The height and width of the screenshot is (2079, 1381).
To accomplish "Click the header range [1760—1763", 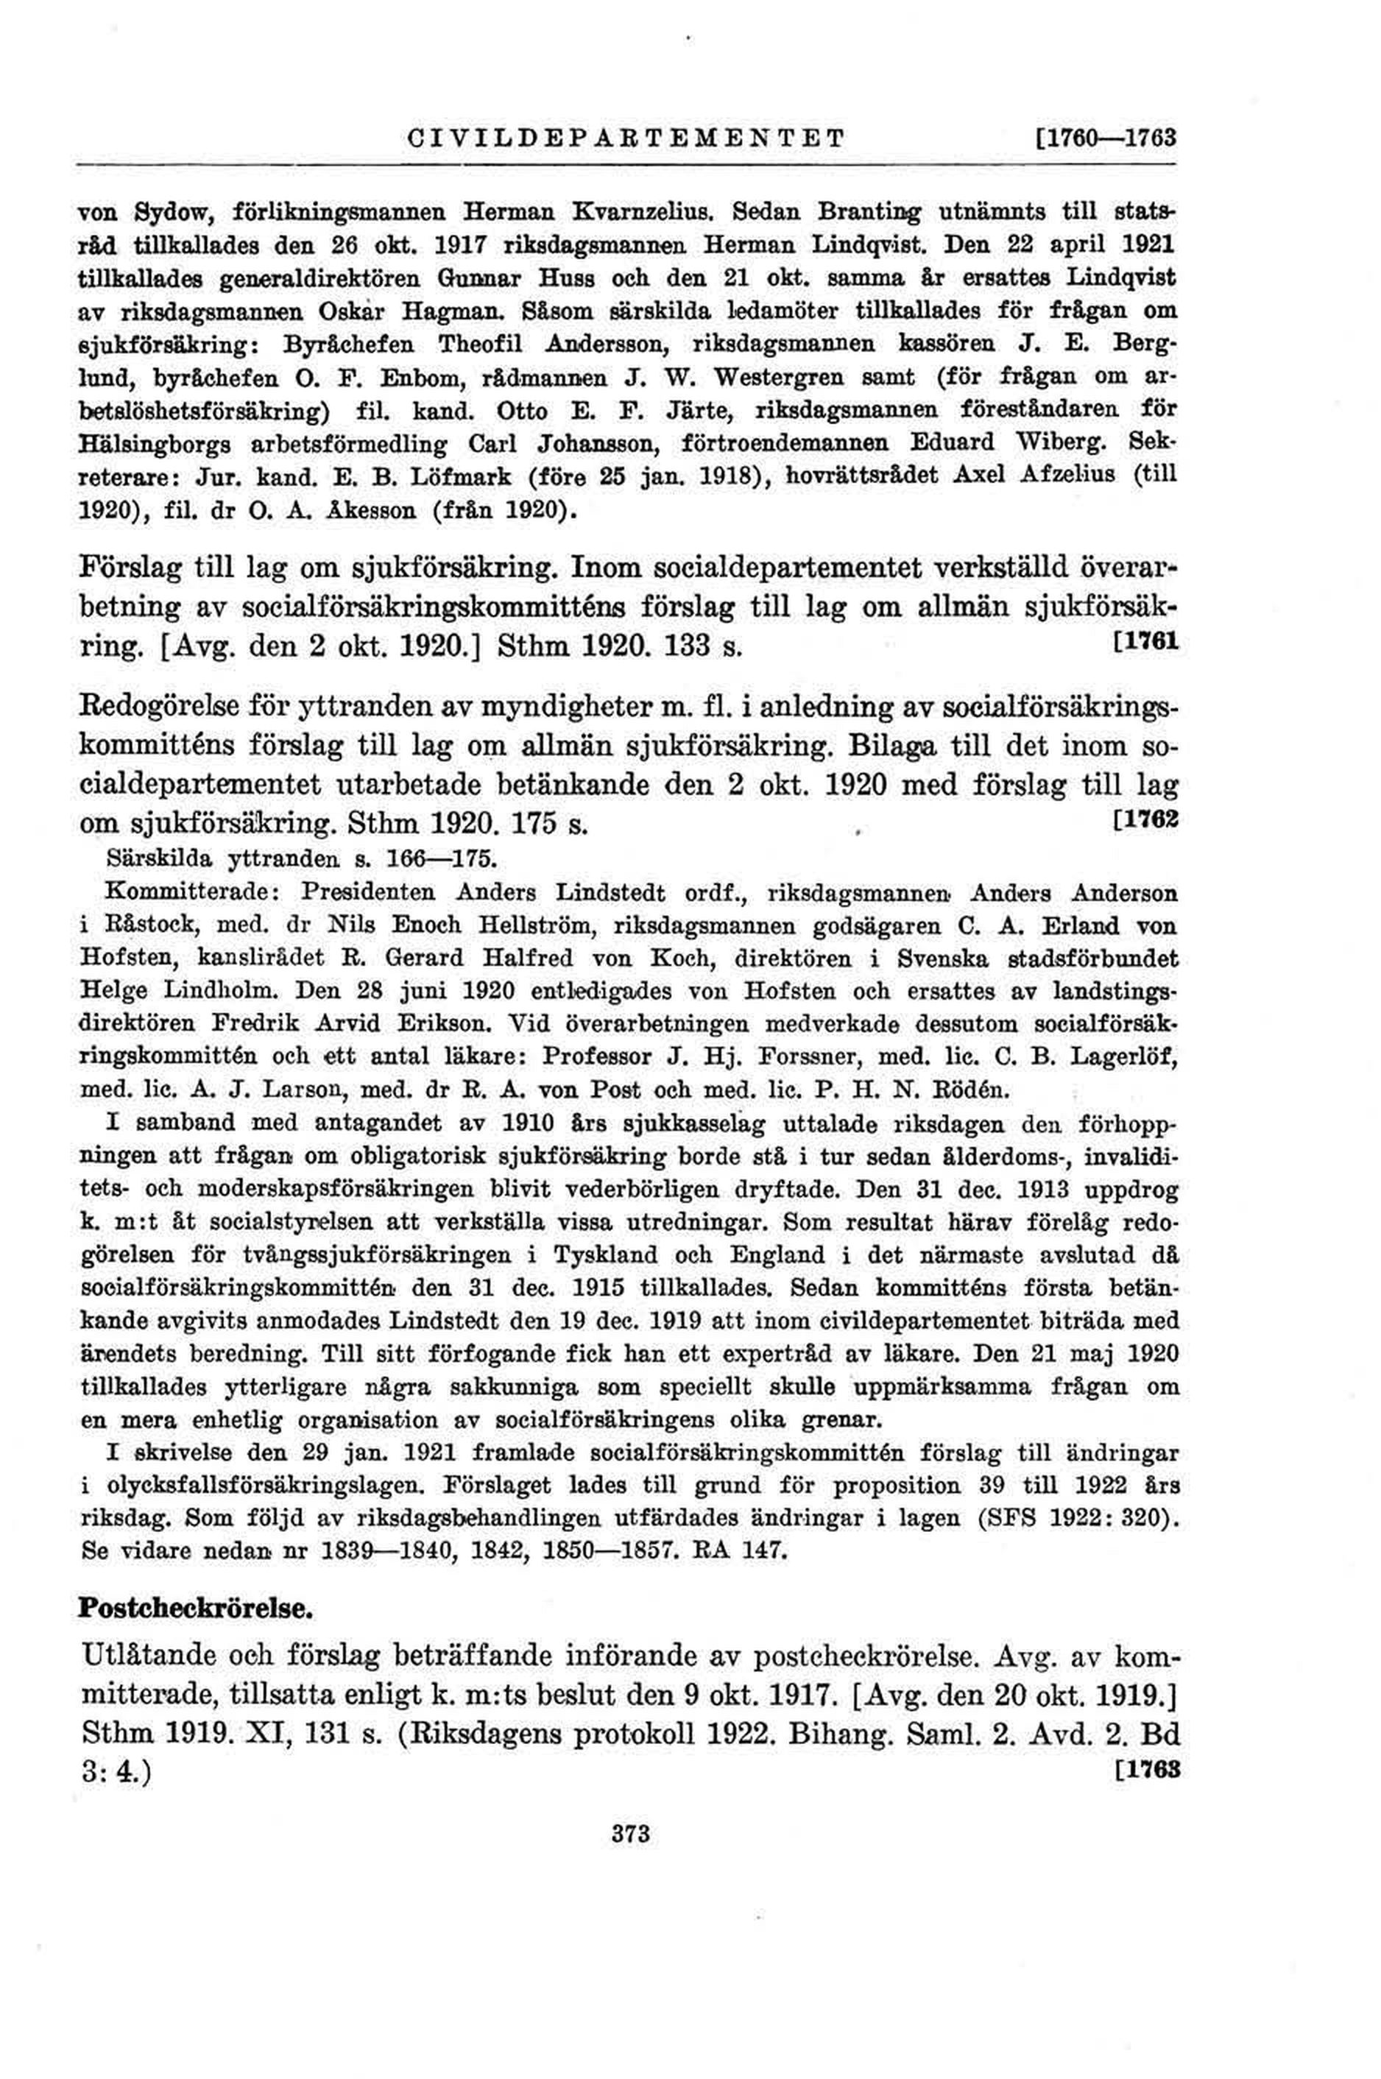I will [1108, 139].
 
